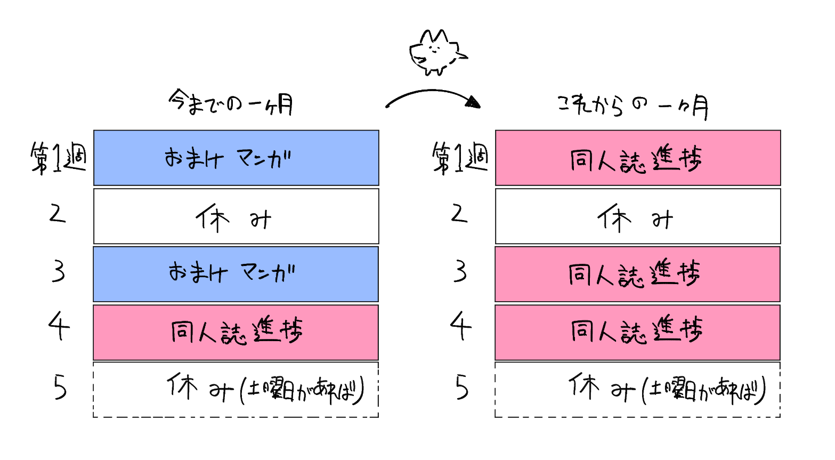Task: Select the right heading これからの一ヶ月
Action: click(x=633, y=105)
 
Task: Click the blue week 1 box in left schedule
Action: click(x=236, y=158)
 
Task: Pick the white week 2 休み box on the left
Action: click(x=236, y=216)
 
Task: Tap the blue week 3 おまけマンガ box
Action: click(x=236, y=274)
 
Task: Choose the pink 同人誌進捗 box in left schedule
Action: click(x=236, y=332)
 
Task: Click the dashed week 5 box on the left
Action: click(x=236, y=390)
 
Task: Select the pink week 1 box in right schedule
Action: click(x=638, y=158)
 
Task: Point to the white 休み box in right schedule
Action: click(x=638, y=216)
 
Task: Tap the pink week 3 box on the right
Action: click(x=638, y=274)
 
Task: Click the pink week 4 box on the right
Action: click(x=638, y=332)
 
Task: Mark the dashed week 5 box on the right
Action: click(x=638, y=390)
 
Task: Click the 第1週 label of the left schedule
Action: click(x=58, y=158)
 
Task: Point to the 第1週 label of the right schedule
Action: click(x=460, y=158)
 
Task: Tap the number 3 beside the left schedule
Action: click(x=59, y=271)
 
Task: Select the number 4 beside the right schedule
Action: click(x=461, y=326)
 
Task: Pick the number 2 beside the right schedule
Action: click(x=459, y=214)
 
